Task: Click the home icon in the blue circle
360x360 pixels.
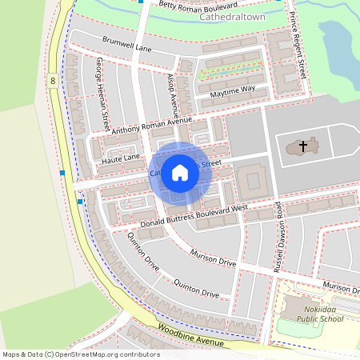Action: (x=180, y=173)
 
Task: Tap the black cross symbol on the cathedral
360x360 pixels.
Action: (x=302, y=146)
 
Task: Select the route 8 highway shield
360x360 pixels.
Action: (x=53, y=81)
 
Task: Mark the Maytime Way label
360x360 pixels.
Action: (x=233, y=88)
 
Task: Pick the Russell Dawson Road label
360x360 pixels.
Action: (x=279, y=237)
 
